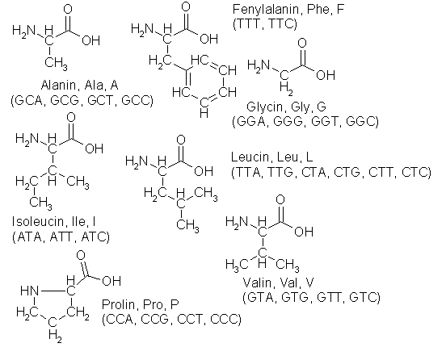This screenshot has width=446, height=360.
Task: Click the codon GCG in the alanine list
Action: [64, 100]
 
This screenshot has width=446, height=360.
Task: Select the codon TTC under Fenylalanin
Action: [280, 24]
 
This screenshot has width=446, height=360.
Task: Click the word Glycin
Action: [266, 107]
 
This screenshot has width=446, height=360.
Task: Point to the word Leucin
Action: [250, 157]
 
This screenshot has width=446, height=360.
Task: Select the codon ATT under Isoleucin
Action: [62, 237]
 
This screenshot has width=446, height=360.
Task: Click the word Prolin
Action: [118, 304]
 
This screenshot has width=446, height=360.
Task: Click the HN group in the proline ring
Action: [29, 291]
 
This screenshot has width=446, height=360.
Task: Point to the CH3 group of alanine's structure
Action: [56, 63]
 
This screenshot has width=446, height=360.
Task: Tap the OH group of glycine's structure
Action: [326, 75]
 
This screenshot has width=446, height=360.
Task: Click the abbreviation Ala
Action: [95, 86]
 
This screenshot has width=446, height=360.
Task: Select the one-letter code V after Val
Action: [309, 283]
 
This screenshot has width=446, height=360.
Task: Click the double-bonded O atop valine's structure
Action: [280, 199]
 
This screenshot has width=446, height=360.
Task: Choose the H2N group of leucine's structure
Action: [137, 162]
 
